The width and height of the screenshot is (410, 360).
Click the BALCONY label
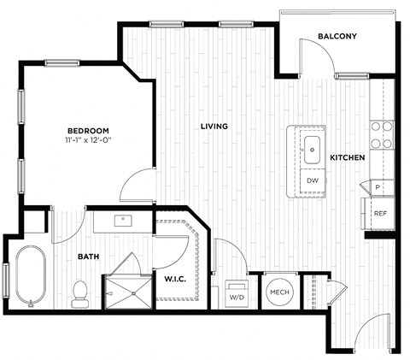click(337, 37)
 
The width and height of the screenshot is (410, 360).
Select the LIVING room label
click(214, 127)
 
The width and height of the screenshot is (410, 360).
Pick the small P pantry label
click(378, 186)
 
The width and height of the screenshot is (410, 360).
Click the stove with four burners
click(381, 135)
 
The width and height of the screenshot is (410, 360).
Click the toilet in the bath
click(80, 292)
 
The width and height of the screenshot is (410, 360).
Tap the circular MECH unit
click(279, 292)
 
